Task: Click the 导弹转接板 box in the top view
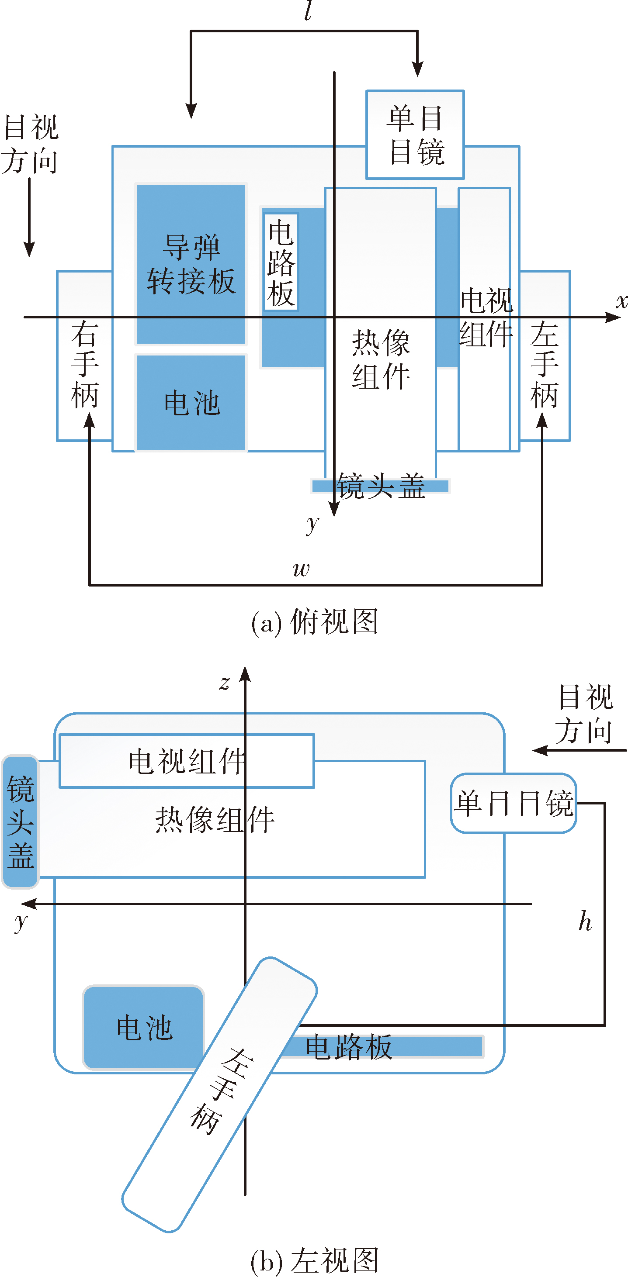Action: point(191,264)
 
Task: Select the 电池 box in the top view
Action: point(191,403)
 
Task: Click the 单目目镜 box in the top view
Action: point(415,135)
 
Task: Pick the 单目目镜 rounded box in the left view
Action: point(514,803)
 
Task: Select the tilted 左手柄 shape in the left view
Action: point(220,1094)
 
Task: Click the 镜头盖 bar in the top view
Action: point(380,486)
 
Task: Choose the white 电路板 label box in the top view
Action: point(281,262)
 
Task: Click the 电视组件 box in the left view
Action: point(187,761)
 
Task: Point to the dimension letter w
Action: point(301,569)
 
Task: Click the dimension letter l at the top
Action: point(308,11)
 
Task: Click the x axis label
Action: point(621,301)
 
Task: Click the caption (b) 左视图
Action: point(315,1262)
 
